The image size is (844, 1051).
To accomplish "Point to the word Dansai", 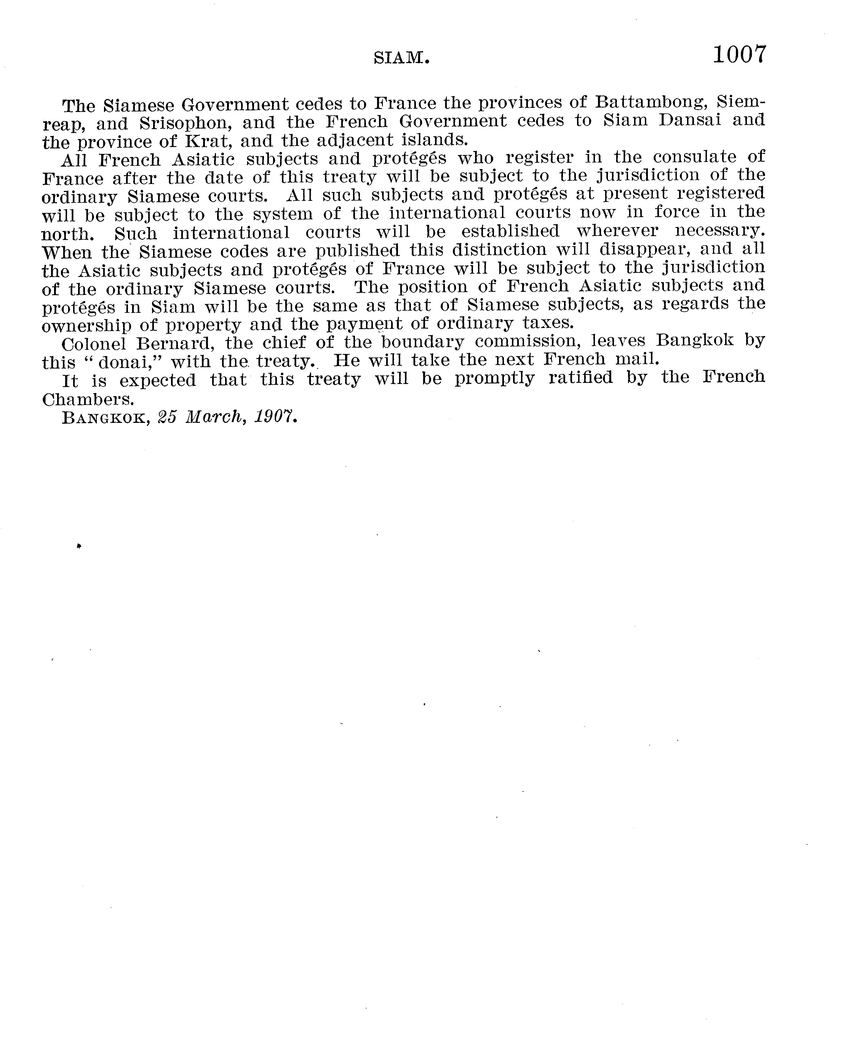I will [x=690, y=120].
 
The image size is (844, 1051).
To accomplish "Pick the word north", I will [x=67, y=234].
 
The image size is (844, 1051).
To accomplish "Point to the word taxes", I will [x=551, y=322].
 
